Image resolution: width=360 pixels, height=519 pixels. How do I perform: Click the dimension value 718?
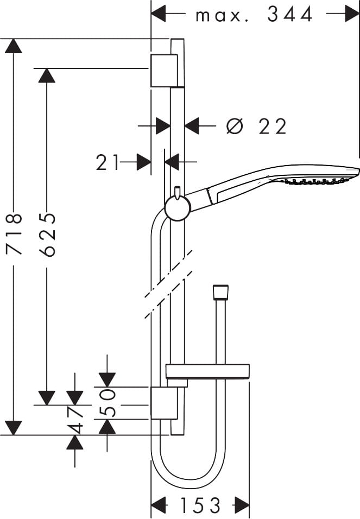pyautogui.click(x=14, y=234)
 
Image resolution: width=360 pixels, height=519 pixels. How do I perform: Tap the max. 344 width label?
pyautogui.click(x=254, y=15)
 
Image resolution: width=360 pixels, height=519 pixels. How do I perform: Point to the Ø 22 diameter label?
pyautogui.click(x=256, y=127)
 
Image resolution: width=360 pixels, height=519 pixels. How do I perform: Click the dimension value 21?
pyautogui.click(x=108, y=162)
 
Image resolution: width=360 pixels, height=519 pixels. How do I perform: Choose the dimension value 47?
pyautogui.click(x=75, y=420)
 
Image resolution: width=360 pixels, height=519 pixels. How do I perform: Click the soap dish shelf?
pyautogui.click(x=207, y=372)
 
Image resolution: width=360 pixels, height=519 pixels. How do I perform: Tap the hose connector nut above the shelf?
pyautogui.click(x=220, y=293)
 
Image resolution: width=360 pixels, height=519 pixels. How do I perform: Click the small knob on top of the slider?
pyautogui.click(x=177, y=191)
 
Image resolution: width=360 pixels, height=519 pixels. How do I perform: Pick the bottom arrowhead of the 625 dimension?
pyautogui.click(x=47, y=398)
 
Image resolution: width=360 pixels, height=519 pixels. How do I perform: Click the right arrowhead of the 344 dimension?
pyautogui.click(x=353, y=14)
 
